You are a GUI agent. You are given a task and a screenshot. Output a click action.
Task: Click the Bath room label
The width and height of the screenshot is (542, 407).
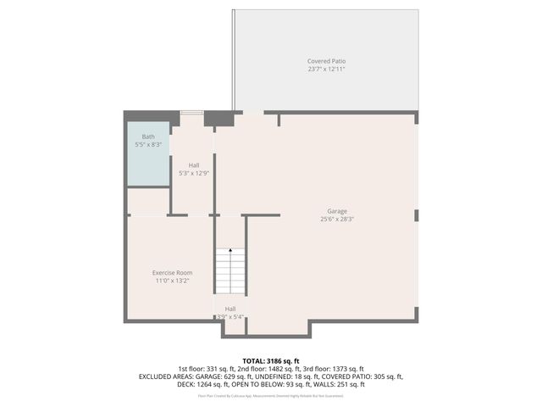click(x=148, y=137)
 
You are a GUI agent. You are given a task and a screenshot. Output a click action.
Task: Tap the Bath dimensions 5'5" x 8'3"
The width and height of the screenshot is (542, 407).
click(x=148, y=145)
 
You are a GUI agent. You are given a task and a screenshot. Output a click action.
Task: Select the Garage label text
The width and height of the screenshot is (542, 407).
click(x=337, y=211)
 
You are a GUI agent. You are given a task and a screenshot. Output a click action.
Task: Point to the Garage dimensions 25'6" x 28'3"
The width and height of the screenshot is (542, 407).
click(x=337, y=219)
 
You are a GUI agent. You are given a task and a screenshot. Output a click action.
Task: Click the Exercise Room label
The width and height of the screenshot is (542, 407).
click(x=172, y=272)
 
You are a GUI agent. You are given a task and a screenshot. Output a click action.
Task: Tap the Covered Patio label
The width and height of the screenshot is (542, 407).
click(x=326, y=61)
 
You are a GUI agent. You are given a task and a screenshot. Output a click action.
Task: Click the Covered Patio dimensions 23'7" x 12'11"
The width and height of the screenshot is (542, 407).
click(x=326, y=69)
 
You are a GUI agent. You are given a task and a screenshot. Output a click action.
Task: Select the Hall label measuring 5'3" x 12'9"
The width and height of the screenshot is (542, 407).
click(x=194, y=165)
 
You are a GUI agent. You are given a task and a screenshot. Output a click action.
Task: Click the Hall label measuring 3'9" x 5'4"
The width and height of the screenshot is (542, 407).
click(x=230, y=309)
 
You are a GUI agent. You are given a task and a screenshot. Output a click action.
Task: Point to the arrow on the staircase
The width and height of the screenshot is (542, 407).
click(x=230, y=252)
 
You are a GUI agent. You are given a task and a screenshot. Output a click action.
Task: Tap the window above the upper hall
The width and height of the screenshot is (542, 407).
click(x=191, y=112)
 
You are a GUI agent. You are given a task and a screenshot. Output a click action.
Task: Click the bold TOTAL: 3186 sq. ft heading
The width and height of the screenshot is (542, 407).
click(x=271, y=361)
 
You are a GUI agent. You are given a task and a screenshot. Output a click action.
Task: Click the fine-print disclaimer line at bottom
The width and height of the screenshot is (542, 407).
click(x=271, y=395)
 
